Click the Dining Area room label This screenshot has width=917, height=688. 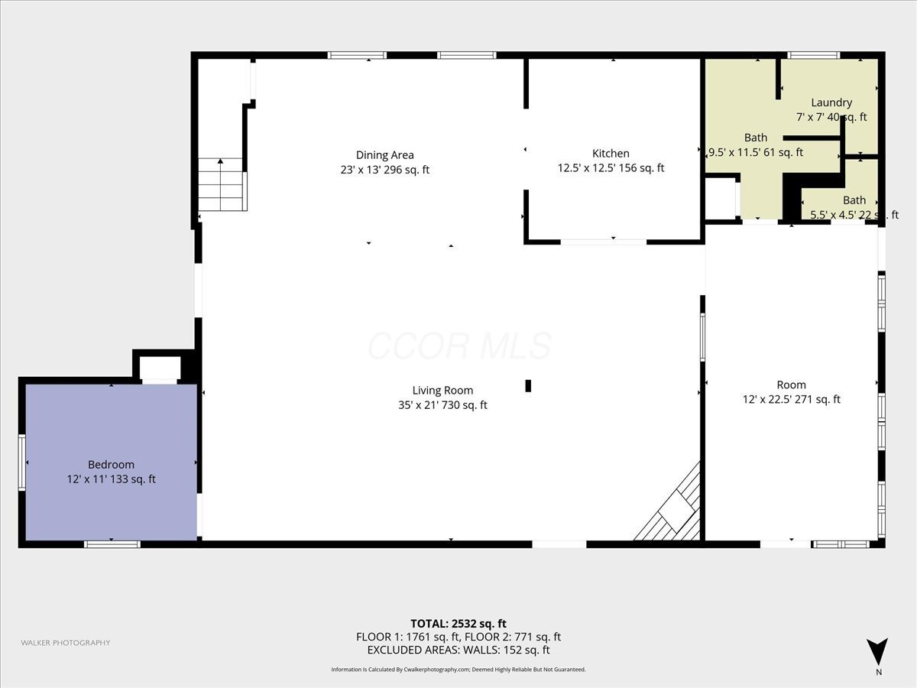point(384,155)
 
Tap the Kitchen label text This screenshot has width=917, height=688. point(611,154)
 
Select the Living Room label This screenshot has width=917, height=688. point(442,391)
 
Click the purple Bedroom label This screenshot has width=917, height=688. point(111,465)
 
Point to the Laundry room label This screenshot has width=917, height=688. point(831,102)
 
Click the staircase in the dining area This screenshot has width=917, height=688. point(222,185)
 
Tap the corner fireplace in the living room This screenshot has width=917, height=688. point(673,508)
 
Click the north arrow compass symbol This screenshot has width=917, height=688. point(878,652)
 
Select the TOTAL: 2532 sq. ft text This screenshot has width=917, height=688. point(458,623)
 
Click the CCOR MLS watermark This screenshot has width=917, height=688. point(459,346)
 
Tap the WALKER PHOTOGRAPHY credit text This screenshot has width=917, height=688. point(66,643)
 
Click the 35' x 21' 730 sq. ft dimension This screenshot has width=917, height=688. point(442,406)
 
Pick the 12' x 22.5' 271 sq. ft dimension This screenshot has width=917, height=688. point(791,399)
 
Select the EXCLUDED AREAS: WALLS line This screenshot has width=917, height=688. point(458,650)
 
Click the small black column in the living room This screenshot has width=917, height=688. point(528,386)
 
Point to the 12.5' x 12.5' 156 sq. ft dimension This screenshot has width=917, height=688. point(611,168)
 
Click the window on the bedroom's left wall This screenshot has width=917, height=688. point(22,462)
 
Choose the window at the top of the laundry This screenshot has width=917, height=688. point(813,55)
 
